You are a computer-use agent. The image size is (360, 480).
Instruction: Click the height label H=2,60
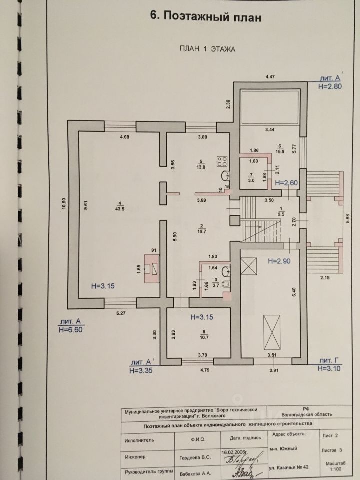point(286,183)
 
